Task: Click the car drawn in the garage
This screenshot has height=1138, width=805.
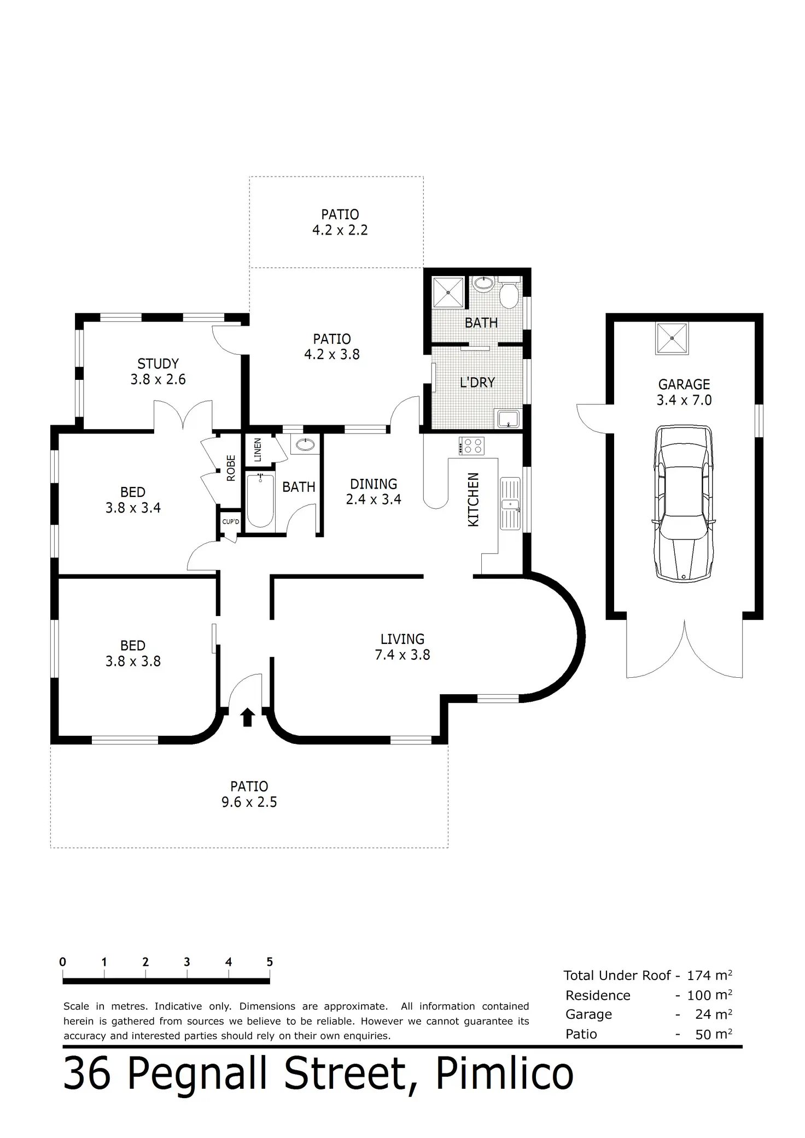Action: [x=684, y=504]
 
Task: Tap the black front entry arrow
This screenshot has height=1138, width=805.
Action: [x=247, y=717]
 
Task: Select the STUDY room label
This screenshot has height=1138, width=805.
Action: [x=158, y=363]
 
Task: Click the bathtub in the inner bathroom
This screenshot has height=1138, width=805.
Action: [x=259, y=501]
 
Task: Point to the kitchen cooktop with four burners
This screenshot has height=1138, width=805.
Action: [x=471, y=446]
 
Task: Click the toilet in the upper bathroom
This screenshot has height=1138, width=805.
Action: [x=510, y=295]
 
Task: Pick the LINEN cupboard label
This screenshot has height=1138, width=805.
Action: [x=258, y=450]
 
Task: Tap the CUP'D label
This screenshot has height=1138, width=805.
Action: [x=230, y=522]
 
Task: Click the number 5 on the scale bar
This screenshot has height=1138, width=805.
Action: [x=269, y=961]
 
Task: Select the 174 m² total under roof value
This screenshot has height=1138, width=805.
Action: [x=709, y=975]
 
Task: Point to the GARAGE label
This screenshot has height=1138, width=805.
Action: [x=684, y=384]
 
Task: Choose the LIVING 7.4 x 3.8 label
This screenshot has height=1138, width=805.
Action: [x=402, y=647]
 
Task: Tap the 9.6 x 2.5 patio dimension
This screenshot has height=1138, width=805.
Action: [x=249, y=802]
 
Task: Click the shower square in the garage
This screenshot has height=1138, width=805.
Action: [x=672, y=338]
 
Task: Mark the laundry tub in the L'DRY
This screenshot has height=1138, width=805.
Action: [x=509, y=419]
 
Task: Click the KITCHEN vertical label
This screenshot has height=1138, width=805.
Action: [x=474, y=500]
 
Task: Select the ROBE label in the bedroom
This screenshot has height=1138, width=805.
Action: [x=231, y=468]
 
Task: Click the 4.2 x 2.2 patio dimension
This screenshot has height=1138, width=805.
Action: [x=340, y=230]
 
